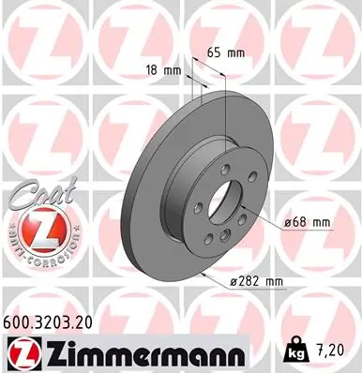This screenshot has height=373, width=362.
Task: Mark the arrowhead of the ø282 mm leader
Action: [x=208, y=271]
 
